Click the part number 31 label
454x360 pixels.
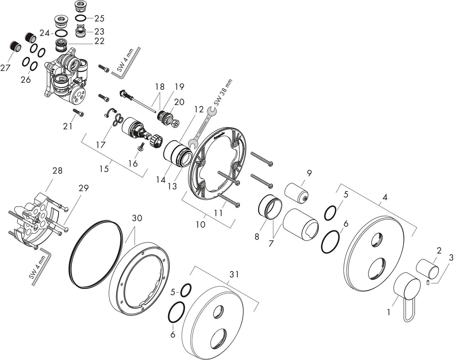[x=234, y=275]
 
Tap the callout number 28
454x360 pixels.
[x=58, y=171]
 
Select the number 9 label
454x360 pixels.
[x=309, y=173]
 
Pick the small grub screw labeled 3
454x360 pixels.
[x=428, y=282]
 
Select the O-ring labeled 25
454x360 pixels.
[x=81, y=19]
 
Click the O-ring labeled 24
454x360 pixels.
[x=61, y=33]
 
